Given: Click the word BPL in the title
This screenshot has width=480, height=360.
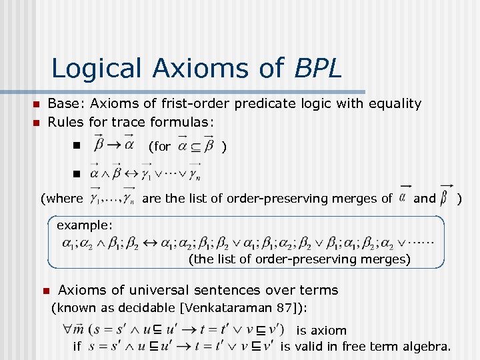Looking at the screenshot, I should point(316,68).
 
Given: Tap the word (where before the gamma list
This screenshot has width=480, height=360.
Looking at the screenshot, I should point(61,198).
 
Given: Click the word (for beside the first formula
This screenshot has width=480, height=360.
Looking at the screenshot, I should point(159,147).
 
